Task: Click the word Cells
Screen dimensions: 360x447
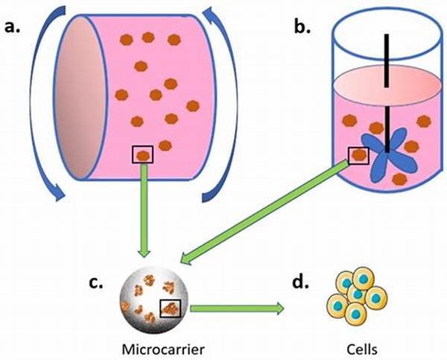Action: (359, 347)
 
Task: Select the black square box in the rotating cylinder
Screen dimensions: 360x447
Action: (142, 154)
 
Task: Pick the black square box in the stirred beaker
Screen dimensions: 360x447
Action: (358, 155)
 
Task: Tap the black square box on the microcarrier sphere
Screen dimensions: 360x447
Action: (171, 307)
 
